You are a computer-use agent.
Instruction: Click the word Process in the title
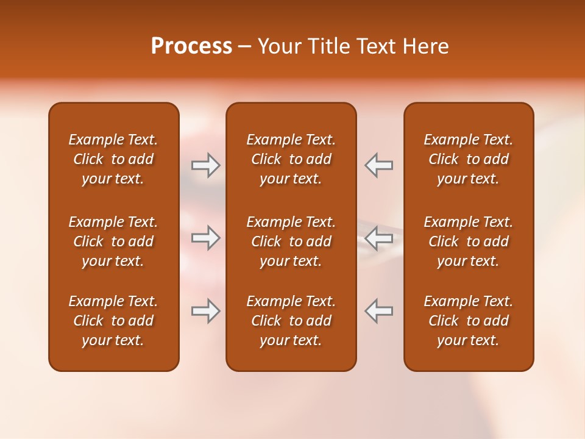coord(191,46)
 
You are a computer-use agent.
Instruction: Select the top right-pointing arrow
coord(205,165)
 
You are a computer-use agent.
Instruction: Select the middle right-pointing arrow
coord(205,238)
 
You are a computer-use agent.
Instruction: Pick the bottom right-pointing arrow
coord(205,311)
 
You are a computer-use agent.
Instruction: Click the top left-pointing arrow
coord(379,165)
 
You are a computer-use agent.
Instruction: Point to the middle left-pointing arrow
coord(379,238)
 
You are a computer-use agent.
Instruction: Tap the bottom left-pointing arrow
coord(379,311)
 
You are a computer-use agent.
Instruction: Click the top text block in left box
coord(113,159)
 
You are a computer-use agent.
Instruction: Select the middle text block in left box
coord(113,241)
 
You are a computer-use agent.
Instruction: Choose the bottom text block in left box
coord(113,321)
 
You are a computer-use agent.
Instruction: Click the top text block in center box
coord(291,159)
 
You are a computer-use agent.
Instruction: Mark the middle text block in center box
coord(291,241)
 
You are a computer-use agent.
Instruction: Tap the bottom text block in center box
coord(291,321)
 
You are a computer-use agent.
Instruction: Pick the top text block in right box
coord(468,159)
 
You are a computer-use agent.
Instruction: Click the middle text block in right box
coord(468,241)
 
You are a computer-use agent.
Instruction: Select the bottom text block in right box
coord(468,321)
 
